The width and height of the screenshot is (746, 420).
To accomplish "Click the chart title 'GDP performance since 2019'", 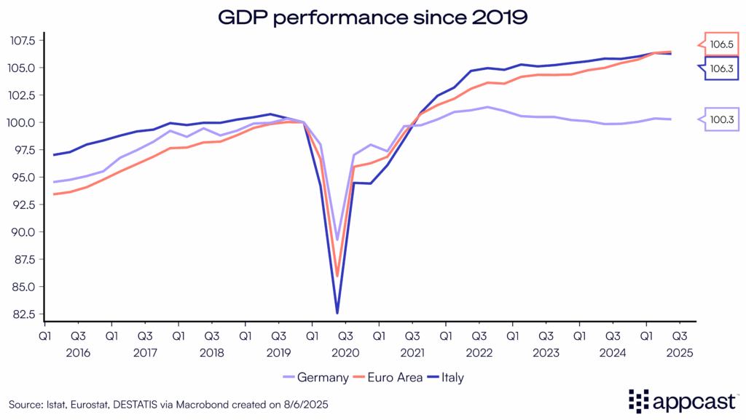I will point(372,15).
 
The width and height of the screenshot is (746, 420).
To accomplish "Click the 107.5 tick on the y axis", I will point(23,40).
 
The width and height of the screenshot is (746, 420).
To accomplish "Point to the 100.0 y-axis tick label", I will point(23,122).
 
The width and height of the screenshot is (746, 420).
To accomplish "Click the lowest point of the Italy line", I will point(337,313).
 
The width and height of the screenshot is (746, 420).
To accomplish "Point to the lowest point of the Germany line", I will point(337,239).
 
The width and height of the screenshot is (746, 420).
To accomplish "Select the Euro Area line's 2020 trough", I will point(337,275).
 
